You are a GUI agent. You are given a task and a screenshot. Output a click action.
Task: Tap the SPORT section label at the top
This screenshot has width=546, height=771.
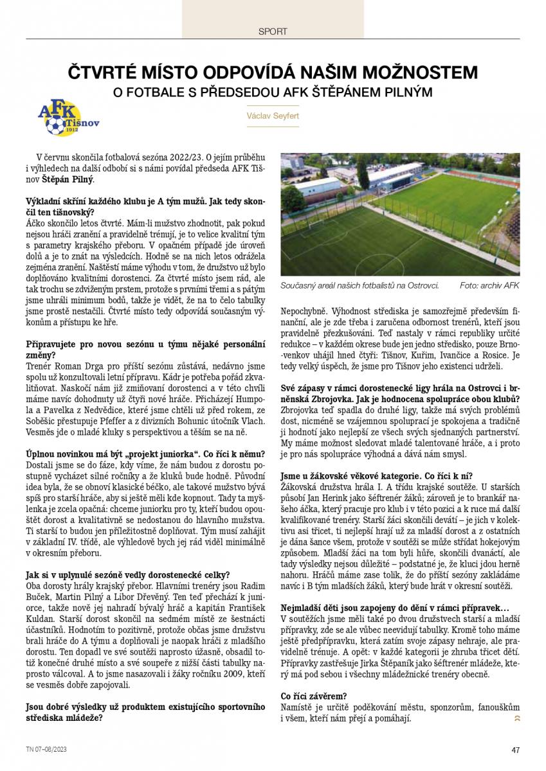coord(273,31)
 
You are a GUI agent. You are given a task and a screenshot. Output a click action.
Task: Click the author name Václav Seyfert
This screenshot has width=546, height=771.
coord(273,116)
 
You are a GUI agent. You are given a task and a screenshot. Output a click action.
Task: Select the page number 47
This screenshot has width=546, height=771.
coord(515,749)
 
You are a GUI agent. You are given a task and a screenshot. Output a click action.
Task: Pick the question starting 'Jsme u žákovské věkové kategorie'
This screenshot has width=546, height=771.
coord(377,476)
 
